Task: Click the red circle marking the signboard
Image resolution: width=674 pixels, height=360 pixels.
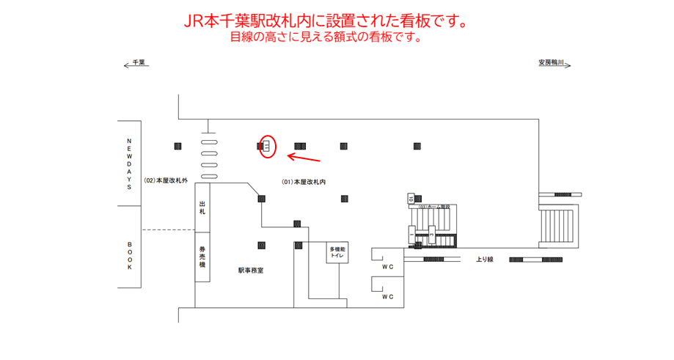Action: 267,147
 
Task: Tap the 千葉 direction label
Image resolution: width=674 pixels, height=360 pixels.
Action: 139,63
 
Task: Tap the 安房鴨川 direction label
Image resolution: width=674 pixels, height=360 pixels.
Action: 551,63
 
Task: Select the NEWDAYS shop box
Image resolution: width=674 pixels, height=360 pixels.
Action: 129,164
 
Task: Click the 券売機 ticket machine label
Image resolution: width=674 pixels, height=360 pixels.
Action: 202,257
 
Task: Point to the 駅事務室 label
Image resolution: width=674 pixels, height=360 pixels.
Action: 250,271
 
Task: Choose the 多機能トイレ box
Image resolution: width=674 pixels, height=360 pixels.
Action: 337,253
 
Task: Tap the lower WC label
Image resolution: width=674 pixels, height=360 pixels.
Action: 388,297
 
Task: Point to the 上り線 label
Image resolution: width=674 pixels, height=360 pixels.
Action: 484,260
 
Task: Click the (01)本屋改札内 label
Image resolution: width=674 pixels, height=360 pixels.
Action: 303,181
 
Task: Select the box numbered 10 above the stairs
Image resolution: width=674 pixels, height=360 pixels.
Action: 411,198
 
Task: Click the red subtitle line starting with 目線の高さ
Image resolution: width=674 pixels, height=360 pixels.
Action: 326,37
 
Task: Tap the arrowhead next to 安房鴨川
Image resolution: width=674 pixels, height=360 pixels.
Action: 568,64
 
